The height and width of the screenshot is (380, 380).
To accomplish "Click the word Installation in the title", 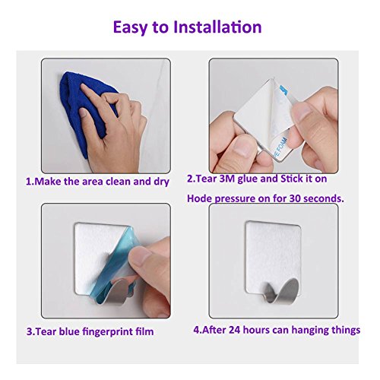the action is (x=217, y=27).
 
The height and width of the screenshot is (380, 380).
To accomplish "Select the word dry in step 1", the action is (x=161, y=182).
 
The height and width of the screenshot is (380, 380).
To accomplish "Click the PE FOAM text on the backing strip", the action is (x=279, y=147).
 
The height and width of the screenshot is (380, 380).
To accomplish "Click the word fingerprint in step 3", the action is (x=108, y=332).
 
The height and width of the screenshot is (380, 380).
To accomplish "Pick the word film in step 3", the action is (x=145, y=331).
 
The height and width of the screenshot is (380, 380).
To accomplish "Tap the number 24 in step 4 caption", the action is (x=234, y=330).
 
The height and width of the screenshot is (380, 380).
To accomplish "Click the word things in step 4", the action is (x=344, y=331).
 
